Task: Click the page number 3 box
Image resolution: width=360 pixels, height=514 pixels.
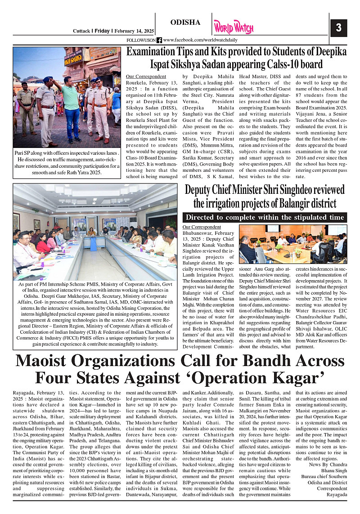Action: pos(338,28)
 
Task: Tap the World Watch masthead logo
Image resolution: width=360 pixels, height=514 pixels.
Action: pos(234,27)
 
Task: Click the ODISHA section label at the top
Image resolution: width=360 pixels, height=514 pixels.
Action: pos(185,23)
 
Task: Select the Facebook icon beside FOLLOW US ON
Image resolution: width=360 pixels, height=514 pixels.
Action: pos(159,40)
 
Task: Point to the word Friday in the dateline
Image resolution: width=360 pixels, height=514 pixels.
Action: pos(102,31)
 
